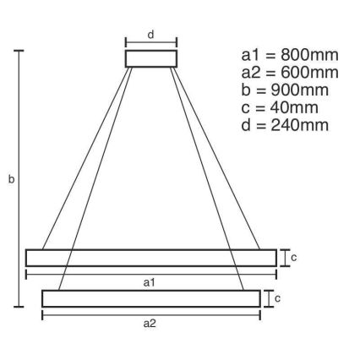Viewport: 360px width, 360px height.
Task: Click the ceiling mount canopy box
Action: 151,58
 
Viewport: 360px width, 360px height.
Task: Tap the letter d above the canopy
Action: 151,35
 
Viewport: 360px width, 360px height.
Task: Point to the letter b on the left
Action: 11,180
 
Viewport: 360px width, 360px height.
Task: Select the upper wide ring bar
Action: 151,258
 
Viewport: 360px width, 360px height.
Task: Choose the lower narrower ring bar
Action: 151,298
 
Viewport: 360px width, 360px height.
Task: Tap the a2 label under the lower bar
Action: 151,324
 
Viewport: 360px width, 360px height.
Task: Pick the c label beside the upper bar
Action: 294,258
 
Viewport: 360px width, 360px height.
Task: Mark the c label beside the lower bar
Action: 277,298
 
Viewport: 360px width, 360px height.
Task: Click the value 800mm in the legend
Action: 303,57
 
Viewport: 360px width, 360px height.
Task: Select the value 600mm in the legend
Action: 303,74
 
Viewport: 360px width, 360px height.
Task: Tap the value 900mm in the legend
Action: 295,90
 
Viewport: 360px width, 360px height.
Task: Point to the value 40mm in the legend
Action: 290,107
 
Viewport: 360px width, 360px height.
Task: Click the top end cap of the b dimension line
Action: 19,52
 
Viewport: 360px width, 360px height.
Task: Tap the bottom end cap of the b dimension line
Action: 19,307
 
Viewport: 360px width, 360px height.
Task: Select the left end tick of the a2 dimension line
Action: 42,315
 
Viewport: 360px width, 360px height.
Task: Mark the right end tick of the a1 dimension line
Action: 276,274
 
